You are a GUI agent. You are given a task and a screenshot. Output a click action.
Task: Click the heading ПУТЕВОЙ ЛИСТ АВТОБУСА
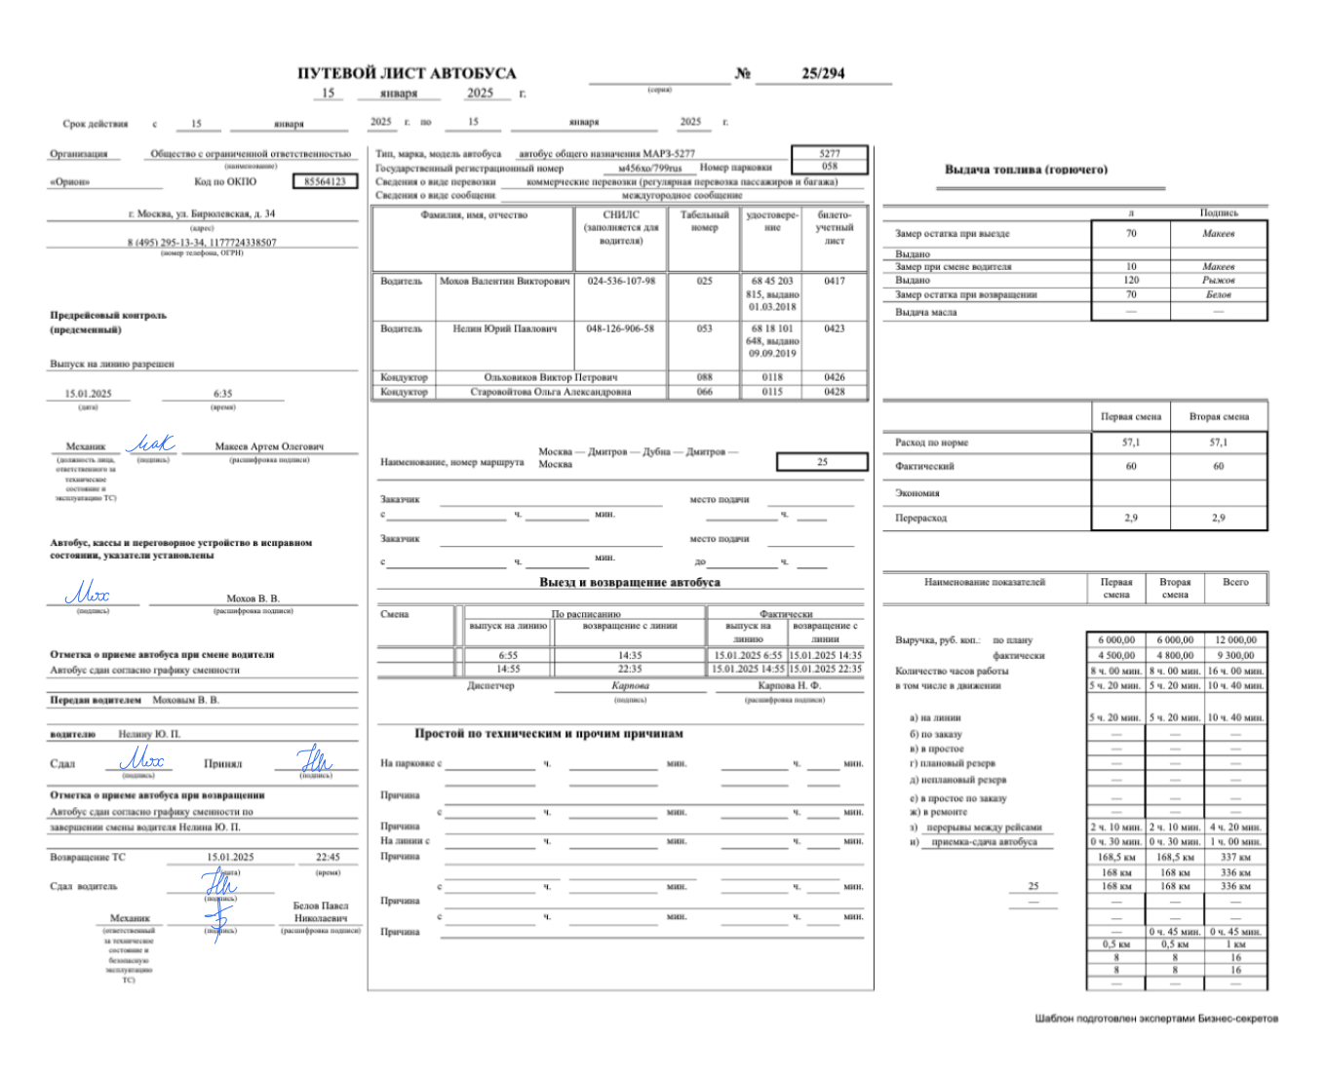tap(407, 73)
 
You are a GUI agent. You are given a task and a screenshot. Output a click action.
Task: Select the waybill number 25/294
tap(823, 73)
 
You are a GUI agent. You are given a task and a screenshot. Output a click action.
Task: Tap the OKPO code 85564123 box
tap(325, 181)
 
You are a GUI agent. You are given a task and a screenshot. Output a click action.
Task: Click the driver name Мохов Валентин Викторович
tap(504, 281)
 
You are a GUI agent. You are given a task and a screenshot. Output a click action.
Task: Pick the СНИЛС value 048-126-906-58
tap(620, 328)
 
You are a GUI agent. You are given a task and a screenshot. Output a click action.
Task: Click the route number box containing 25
tap(822, 462)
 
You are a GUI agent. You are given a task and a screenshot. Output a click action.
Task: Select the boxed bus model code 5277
tap(829, 153)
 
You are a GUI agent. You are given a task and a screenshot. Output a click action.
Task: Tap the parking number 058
tap(829, 166)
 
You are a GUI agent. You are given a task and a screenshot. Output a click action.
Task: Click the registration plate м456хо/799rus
tap(650, 168)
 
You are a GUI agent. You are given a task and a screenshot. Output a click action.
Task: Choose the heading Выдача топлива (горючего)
tap(1026, 170)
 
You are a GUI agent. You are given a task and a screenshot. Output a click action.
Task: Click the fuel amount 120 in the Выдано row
tap(1131, 280)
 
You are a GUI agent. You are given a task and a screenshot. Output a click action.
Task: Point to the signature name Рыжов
tap(1218, 280)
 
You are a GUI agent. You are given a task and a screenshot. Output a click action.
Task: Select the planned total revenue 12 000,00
tap(1235, 640)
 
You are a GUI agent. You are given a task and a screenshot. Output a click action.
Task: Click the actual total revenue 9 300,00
tap(1235, 655)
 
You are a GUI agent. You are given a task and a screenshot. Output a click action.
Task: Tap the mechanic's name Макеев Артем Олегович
tap(269, 446)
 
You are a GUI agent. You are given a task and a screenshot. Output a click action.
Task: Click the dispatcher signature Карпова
tap(630, 685)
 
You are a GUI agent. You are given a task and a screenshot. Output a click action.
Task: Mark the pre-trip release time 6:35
tap(223, 394)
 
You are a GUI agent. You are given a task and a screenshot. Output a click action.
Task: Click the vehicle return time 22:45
tap(328, 858)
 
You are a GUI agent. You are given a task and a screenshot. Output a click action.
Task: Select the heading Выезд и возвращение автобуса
tap(630, 583)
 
